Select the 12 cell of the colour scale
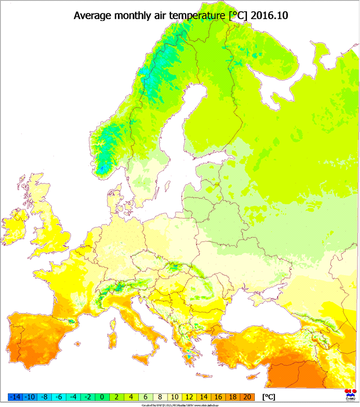click(x=187, y=397)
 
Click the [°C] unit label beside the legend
click(x=269, y=397)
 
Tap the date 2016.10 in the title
click(x=269, y=15)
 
